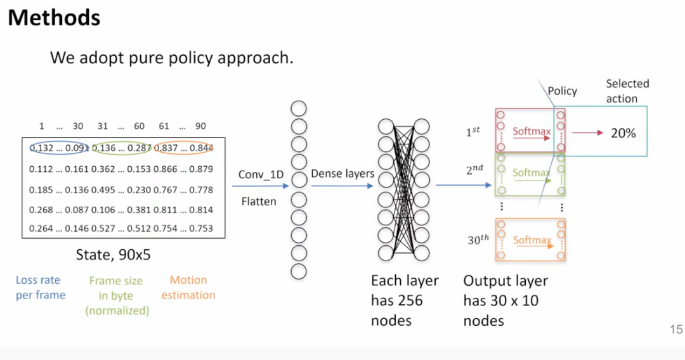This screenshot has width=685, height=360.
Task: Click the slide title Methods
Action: (54, 18)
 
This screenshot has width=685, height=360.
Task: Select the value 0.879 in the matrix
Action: (201, 169)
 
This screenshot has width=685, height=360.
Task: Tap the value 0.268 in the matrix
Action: (42, 209)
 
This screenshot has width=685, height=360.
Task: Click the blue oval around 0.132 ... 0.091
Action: (58, 148)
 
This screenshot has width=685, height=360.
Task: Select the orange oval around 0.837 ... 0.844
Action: (183, 148)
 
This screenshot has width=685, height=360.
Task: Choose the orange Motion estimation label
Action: (188, 287)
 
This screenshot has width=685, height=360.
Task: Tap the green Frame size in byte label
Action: (115, 295)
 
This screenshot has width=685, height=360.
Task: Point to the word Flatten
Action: (258, 202)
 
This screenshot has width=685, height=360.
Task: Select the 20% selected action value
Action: (623, 133)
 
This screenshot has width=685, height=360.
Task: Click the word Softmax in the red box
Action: (532, 132)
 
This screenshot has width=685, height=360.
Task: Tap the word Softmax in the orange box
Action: (532, 240)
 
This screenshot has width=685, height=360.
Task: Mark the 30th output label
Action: (479, 240)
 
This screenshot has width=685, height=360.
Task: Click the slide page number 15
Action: (675, 330)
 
